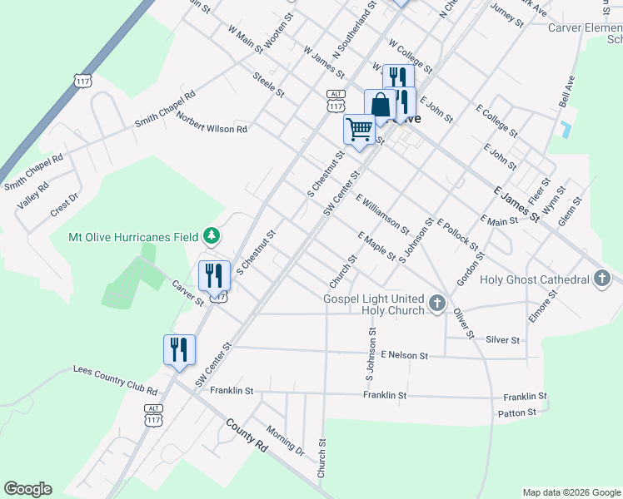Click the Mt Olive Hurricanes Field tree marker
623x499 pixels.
[212, 237]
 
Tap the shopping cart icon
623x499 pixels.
[359, 130]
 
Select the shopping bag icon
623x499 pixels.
[381, 106]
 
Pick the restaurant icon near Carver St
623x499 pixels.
[214, 275]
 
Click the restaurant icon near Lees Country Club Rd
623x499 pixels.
[179, 349]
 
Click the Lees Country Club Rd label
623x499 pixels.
[115, 379]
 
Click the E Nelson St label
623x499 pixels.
[404, 355]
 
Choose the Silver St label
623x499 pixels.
[503, 340]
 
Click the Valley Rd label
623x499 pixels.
[31, 196]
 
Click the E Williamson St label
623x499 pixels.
[382, 214]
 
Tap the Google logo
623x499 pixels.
[27, 489]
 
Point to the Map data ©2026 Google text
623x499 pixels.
[571, 492]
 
